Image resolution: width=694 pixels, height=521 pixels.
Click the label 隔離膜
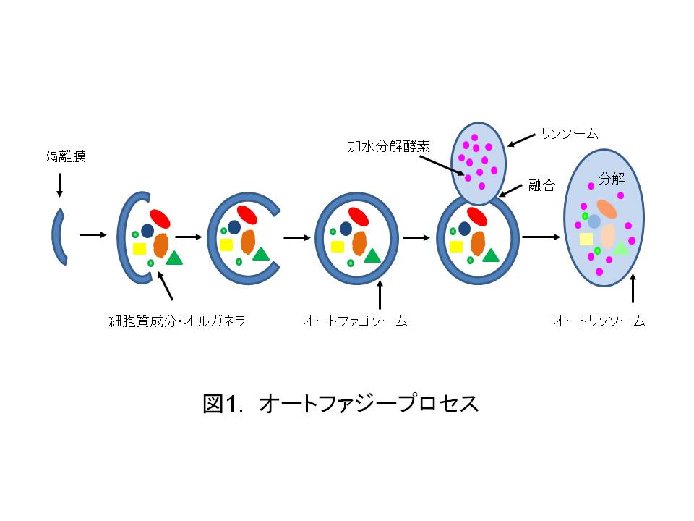(65, 156)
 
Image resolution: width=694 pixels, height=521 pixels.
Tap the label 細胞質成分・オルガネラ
(177, 321)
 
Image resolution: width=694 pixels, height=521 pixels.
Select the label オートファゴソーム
(355, 321)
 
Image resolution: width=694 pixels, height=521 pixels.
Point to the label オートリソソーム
(599, 321)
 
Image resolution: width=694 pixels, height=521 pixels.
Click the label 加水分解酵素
(389, 146)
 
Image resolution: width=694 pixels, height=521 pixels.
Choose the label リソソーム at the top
(570, 133)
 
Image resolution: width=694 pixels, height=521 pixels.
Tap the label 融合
(541, 185)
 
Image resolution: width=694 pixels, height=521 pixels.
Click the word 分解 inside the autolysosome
(612, 178)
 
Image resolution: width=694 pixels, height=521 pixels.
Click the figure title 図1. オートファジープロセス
(340, 403)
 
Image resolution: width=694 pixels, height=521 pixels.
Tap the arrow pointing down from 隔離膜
(60, 185)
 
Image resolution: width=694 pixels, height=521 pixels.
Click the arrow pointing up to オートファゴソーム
(380, 295)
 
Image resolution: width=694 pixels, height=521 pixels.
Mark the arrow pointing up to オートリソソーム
(633, 288)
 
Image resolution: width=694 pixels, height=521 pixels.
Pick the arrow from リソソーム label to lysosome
(521, 140)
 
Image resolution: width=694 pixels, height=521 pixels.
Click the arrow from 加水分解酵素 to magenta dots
(442, 165)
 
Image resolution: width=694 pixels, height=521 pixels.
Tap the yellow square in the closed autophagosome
(338, 246)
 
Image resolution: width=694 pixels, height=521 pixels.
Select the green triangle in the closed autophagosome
(372, 255)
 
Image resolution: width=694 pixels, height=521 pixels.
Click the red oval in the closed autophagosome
(359, 216)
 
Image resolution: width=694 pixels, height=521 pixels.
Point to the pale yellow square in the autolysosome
(586, 240)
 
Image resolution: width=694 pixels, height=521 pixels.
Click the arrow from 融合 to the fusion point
(510, 190)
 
